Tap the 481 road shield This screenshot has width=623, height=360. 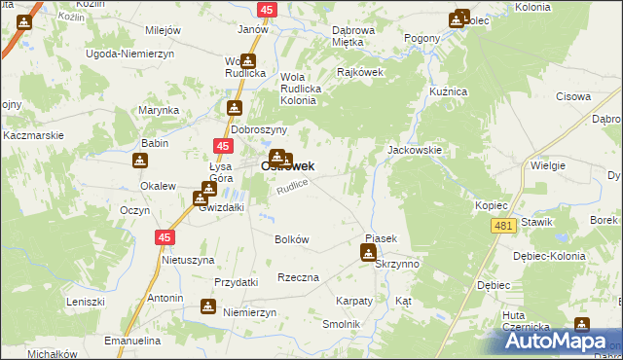(502, 226)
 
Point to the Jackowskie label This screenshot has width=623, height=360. (416, 152)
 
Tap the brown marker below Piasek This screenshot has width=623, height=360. (368, 253)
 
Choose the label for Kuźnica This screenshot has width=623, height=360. (450, 91)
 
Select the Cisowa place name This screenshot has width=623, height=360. (573, 96)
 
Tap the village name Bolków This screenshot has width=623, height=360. (292, 239)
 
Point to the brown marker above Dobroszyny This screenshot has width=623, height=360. (234, 109)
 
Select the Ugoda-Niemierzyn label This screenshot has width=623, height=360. (130, 56)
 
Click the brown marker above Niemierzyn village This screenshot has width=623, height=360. (208, 306)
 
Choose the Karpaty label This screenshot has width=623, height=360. (354, 302)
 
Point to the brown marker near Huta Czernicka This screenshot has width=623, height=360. (581, 326)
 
